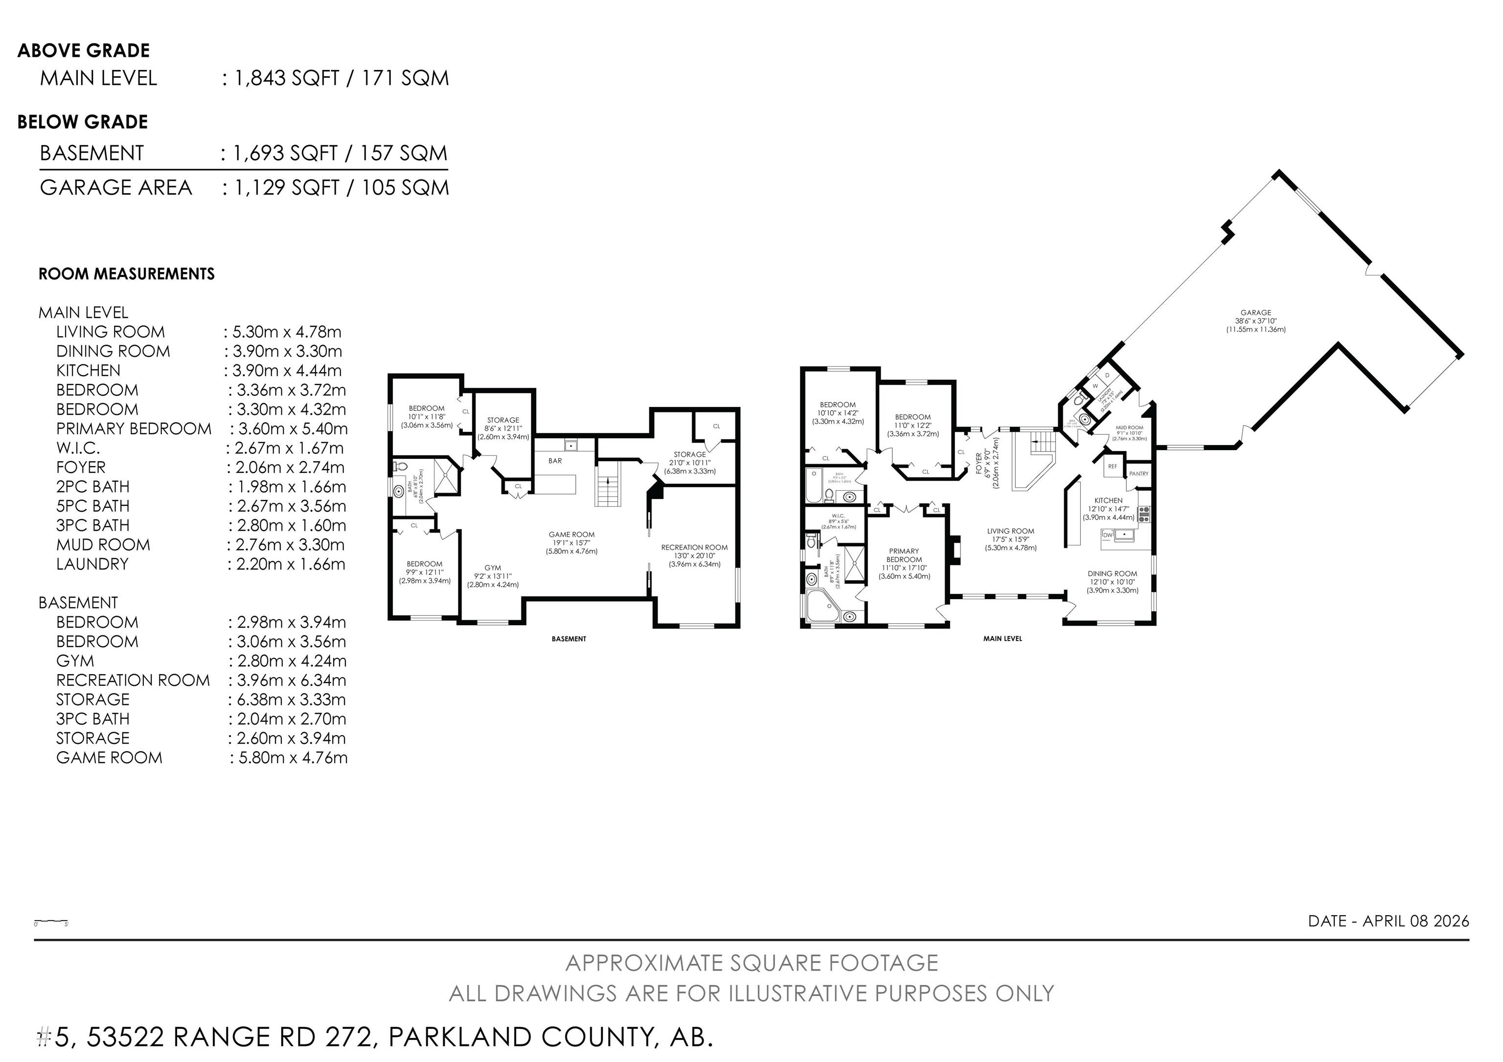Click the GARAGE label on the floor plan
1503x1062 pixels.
coord(1255,313)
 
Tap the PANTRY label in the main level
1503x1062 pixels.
coord(1139,474)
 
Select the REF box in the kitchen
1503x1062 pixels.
coord(1112,467)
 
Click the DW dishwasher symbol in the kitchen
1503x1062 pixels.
coord(1108,535)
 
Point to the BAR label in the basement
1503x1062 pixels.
coord(555,461)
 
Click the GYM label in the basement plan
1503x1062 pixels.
coord(492,568)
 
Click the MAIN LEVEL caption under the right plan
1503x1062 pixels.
coord(1002,639)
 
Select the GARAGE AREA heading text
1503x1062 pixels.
coord(116,188)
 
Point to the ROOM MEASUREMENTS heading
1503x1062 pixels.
coord(126,273)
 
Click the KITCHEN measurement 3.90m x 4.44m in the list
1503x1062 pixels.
coord(287,370)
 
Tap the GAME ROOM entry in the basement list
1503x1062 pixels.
coord(109,758)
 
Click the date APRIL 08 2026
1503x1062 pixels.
coord(1415,921)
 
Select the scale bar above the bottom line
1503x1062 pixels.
coord(51,922)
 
